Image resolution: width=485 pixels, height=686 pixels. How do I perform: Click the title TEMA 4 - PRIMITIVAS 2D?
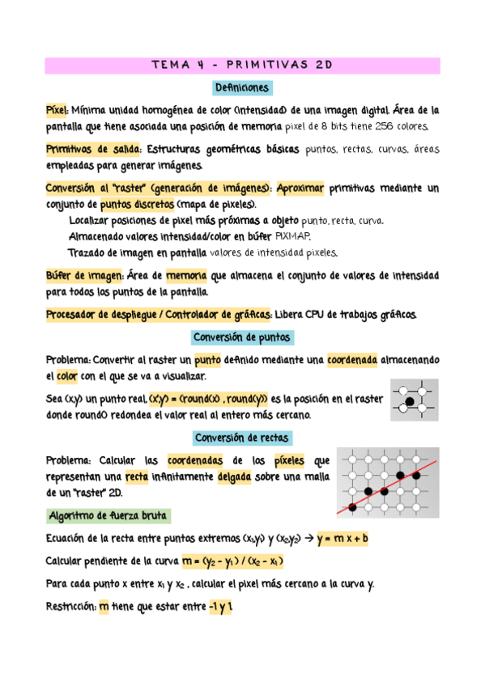pyautogui.click(x=242, y=65)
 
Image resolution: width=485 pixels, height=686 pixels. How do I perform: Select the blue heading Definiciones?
pyautogui.click(x=242, y=87)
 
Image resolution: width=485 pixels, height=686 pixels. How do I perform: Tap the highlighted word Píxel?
pyautogui.click(x=56, y=108)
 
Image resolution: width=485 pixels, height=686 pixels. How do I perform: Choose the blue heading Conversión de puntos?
pyautogui.click(x=242, y=337)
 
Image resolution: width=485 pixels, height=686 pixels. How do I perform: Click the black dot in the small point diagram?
pyautogui.click(x=410, y=401)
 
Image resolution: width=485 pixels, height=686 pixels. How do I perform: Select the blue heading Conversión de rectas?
pyautogui.click(x=242, y=438)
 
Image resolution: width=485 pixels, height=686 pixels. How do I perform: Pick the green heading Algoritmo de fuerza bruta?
pyautogui.click(x=108, y=515)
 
